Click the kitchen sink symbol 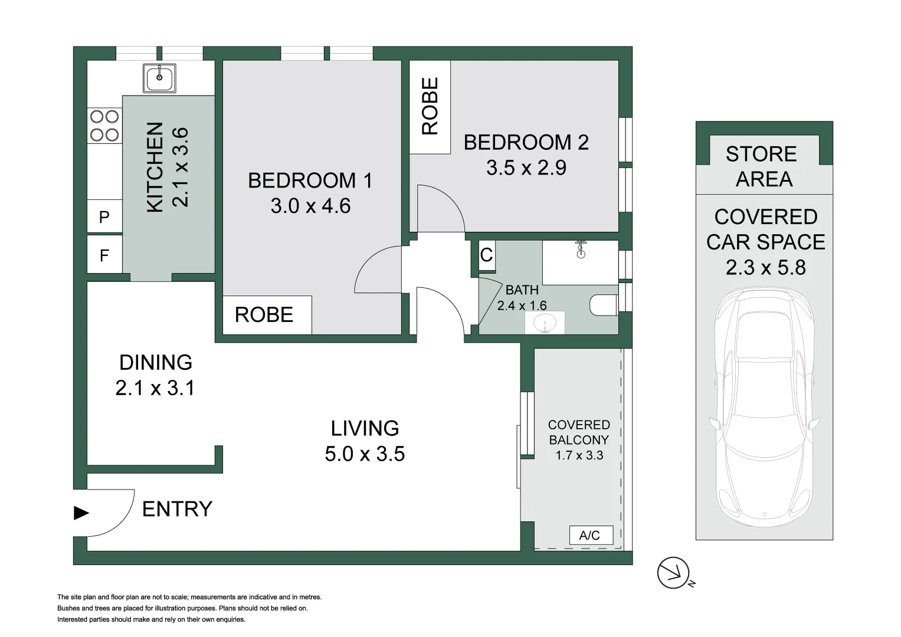(x=159, y=78)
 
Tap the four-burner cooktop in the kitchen (x=104, y=126)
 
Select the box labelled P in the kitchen (x=104, y=217)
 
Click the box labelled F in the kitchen (x=104, y=255)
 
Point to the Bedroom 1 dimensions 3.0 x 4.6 (x=310, y=206)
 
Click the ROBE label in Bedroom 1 (x=264, y=315)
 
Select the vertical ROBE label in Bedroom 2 (x=430, y=106)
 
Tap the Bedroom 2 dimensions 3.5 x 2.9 (x=526, y=168)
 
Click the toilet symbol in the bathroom (x=603, y=305)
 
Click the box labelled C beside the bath (x=486, y=255)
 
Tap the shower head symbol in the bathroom (x=581, y=249)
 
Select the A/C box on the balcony (x=590, y=535)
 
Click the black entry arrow (x=81, y=513)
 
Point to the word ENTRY (x=177, y=509)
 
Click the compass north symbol (x=674, y=573)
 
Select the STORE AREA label (x=762, y=166)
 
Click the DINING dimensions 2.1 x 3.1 (x=155, y=388)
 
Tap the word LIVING (x=365, y=428)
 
